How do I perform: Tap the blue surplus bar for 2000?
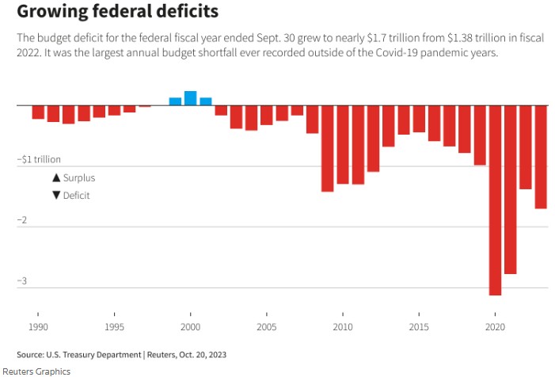pos(190,98)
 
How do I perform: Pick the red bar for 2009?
pos(327,148)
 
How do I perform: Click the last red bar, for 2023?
pos(541,157)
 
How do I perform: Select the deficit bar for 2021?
pos(510,189)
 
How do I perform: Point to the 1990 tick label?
pos(38,327)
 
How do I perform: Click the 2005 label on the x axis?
pos(266,327)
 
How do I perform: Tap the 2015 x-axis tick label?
pos(419,327)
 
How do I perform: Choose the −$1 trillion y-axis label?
pos(39,159)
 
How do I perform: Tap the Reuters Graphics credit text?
pos(36,371)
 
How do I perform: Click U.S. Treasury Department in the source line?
pos(89,354)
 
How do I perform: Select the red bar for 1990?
pos(38,112)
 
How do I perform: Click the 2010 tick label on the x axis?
pos(342,327)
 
